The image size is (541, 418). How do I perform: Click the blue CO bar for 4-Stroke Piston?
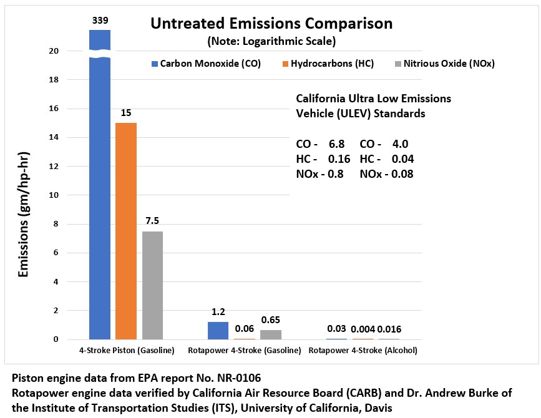coord(100,187)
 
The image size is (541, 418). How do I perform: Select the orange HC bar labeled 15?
coord(126,231)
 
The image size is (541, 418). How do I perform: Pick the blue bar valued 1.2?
coord(218,331)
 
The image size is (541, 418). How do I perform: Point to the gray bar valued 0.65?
coord(270,334)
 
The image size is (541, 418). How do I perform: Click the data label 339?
coord(100,21)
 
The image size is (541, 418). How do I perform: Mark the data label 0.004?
coord(363,329)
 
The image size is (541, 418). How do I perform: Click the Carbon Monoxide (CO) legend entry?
coord(205,64)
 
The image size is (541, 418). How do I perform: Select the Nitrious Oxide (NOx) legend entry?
coord(444,64)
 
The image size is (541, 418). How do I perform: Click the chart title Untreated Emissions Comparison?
coord(271,24)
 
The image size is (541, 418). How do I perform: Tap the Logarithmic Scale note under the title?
coord(271,42)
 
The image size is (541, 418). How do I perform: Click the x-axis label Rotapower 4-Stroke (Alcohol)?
coord(363,351)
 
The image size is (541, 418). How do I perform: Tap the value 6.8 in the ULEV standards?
coord(336,144)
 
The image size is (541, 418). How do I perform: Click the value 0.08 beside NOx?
coord(403,174)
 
